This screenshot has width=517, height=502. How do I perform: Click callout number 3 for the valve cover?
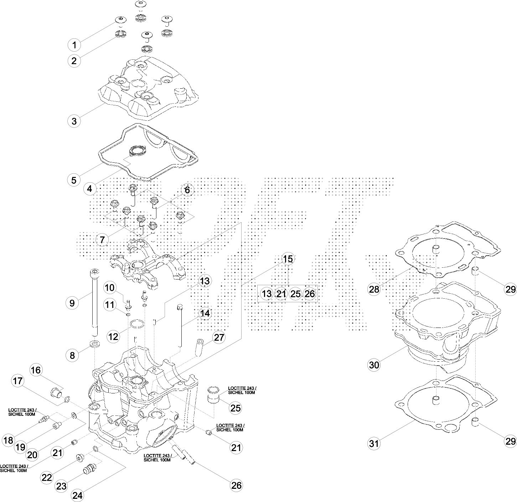(74, 121)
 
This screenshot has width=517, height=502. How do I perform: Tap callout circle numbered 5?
(74, 180)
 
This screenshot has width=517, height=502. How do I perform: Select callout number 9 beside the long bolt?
(72, 303)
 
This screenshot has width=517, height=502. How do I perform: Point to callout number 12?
(113, 336)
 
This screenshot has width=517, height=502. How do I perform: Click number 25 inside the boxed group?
(295, 294)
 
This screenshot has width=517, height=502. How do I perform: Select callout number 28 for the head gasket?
(374, 289)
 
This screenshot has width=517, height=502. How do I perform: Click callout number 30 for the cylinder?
(374, 365)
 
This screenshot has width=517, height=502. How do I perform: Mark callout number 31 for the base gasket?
(374, 443)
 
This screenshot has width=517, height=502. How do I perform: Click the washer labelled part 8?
(95, 344)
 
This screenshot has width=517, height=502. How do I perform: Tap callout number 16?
(36, 370)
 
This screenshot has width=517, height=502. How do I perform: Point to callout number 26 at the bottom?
(236, 485)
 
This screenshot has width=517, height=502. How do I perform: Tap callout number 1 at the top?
(74, 45)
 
